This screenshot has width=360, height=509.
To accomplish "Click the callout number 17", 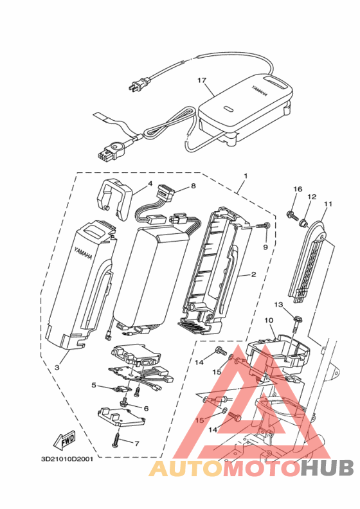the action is pyautogui.click(x=202, y=80).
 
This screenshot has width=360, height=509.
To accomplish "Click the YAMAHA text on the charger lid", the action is pyautogui.click(x=260, y=90).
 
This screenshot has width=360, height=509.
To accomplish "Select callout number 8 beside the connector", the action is pyautogui.click(x=194, y=186).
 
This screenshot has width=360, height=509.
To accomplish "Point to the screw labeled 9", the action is pyautogui.click(x=264, y=225).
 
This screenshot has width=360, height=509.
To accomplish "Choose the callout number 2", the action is pyautogui.click(x=253, y=274).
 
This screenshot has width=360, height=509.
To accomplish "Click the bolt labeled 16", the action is pyautogui.click(x=292, y=215).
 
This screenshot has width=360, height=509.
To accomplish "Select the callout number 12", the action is pyautogui.click(x=312, y=197).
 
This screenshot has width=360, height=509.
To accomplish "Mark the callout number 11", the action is pyautogui.click(x=328, y=204).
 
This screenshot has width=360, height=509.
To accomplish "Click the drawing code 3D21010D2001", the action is pyautogui.click(x=67, y=460).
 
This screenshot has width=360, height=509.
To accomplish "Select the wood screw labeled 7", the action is pyautogui.click(x=116, y=438).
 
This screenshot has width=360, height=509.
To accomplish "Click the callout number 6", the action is pyautogui.click(x=146, y=408).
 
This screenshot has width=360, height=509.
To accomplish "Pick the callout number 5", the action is pyautogui.click(x=94, y=385).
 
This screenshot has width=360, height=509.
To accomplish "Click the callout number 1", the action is pyautogui.click(x=246, y=175).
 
